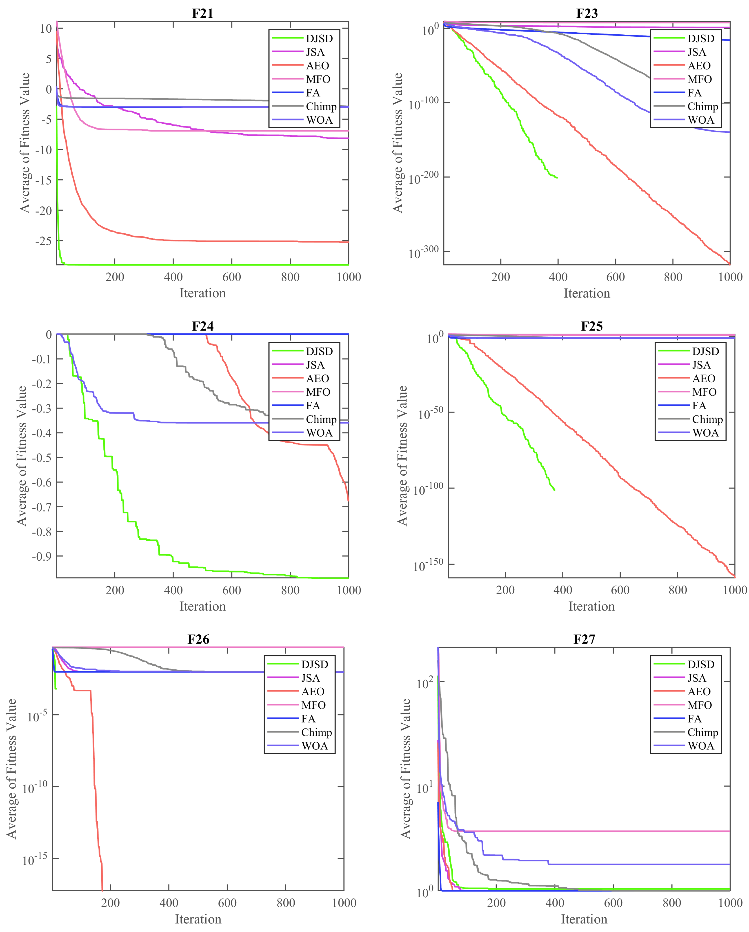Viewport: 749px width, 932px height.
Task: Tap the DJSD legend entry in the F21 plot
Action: pyautogui.click(x=319, y=38)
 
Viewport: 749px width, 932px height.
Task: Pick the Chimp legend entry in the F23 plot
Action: pyautogui.click(x=702, y=106)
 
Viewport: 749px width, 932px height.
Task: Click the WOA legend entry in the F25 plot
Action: pyautogui.click(x=705, y=433)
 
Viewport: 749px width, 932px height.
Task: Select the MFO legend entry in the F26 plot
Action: pyautogui.click(x=313, y=705)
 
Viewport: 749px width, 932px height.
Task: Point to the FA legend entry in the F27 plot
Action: pyautogui.click(x=694, y=718)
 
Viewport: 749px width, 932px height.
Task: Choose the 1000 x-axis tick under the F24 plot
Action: pyautogui.click(x=348, y=590)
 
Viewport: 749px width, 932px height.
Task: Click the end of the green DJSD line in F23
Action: pyautogui.click(x=557, y=178)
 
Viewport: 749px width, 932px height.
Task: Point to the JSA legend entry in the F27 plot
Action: pyautogui.click(x=696, y=678)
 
